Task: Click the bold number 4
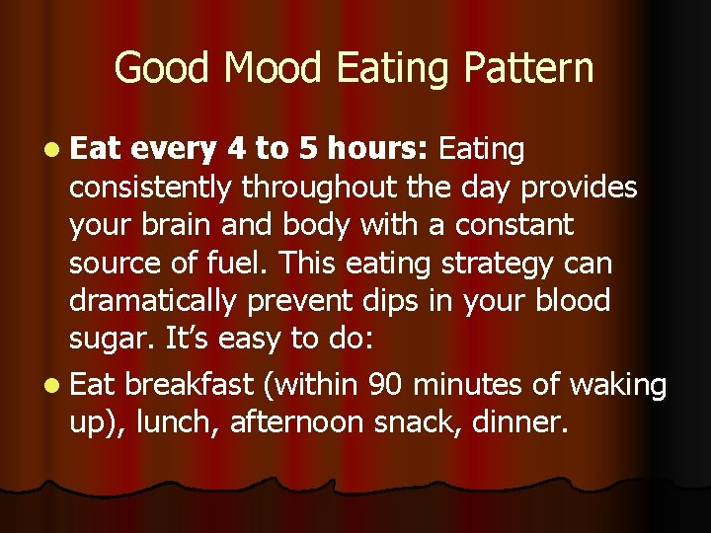pos(236,149)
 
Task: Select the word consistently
pos(151,187)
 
